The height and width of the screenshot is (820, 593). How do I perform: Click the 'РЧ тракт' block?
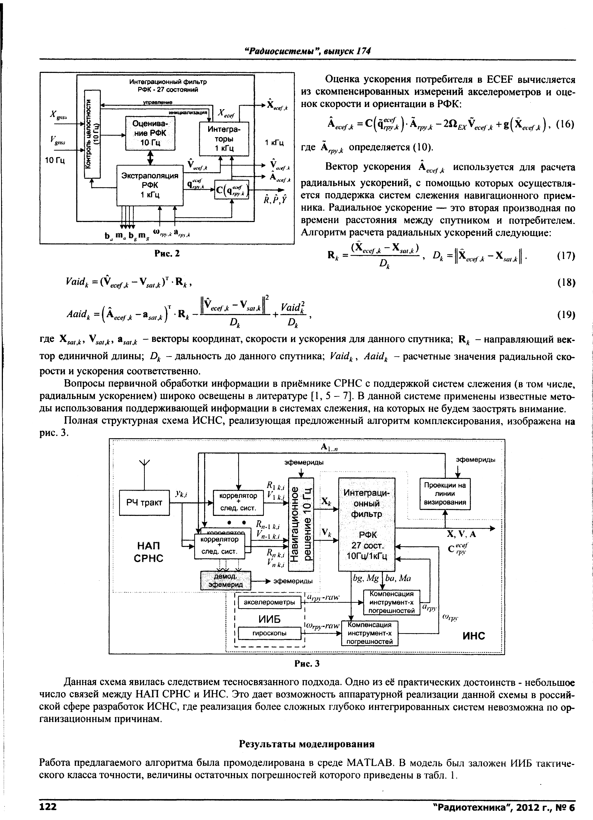point(144,502)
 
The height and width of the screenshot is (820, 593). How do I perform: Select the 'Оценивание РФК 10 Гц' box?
point(150,133)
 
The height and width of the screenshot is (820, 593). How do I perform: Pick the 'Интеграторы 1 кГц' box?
point(224,139)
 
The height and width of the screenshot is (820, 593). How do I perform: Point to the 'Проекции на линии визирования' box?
point(445,494)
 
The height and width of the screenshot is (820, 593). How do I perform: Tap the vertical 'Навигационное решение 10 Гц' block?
point(301,524)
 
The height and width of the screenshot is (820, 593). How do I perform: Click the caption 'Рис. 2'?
point(167,253)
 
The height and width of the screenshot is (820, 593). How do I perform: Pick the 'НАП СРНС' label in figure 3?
point(148,552)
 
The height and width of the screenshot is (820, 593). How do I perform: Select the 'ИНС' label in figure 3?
point(473,635)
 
